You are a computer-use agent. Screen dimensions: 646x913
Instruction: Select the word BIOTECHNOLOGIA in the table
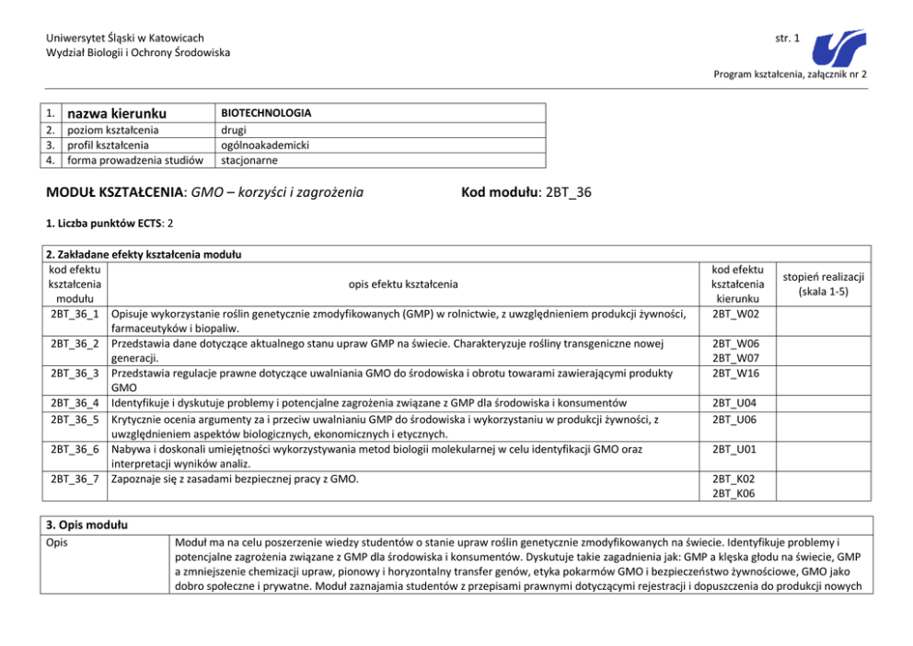tap(266, 113)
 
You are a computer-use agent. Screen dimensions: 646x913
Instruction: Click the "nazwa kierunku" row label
tap(118, 114)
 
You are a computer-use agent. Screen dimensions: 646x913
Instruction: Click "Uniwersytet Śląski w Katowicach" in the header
tap(125, 38)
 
